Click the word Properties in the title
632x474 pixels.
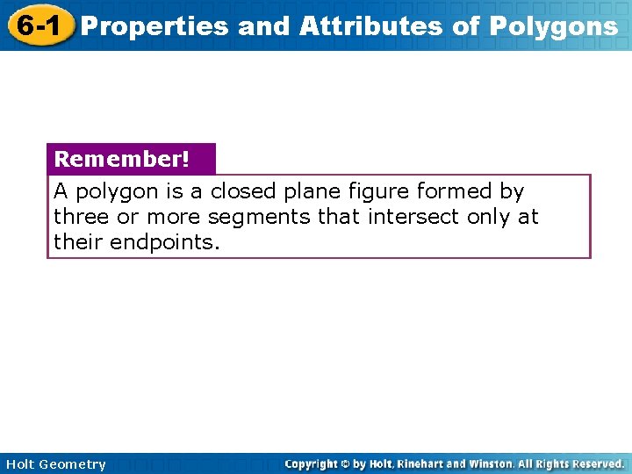[155, 27]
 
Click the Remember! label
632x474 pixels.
[121, 160]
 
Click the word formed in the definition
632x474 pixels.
[456, 191]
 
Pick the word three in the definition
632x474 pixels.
[80, 217]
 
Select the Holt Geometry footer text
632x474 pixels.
[54, 464]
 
